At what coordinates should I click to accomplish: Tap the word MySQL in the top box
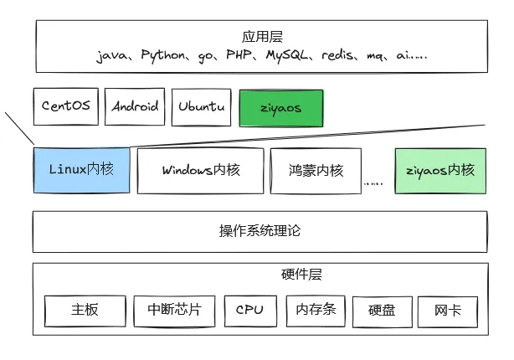coord(290,56)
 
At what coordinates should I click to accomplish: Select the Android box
coord(136,107)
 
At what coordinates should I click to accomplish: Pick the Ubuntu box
coord(202,107)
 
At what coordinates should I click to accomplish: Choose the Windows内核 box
coord(201,170)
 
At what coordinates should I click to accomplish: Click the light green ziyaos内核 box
coord(439,170)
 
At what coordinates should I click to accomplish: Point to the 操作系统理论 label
coord(259,230)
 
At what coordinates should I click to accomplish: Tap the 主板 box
coord(85,310)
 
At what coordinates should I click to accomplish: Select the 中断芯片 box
coord(174,310)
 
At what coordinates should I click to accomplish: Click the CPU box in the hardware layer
coord(249,310)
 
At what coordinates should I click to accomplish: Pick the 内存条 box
coord(316,310)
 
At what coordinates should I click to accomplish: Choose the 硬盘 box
coord(382,311)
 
